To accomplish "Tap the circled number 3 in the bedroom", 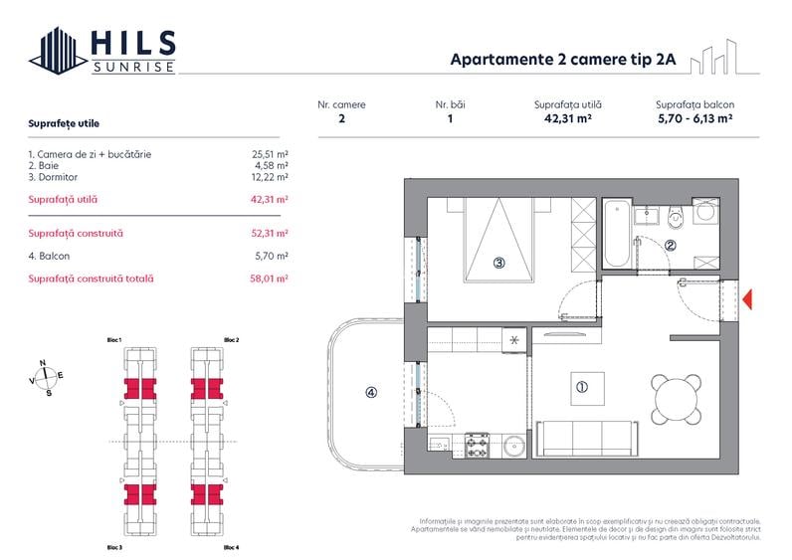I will (x=499, y=264).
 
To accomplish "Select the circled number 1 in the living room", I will (x=583, y=388).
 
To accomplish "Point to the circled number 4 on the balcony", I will (x=370, y=392).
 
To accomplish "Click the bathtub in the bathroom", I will (x=616, y=235).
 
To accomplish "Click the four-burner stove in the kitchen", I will (x=477, y=445).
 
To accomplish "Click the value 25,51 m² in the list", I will (x=270, y=154).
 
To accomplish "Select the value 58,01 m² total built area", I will (x=270, y=280).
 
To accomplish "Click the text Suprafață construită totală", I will (x=92, y=280).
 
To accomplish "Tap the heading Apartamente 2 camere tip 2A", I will (x=563, y=59).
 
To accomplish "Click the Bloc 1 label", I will (x=114, y=340).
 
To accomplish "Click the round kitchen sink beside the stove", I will (x=513, y=445).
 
